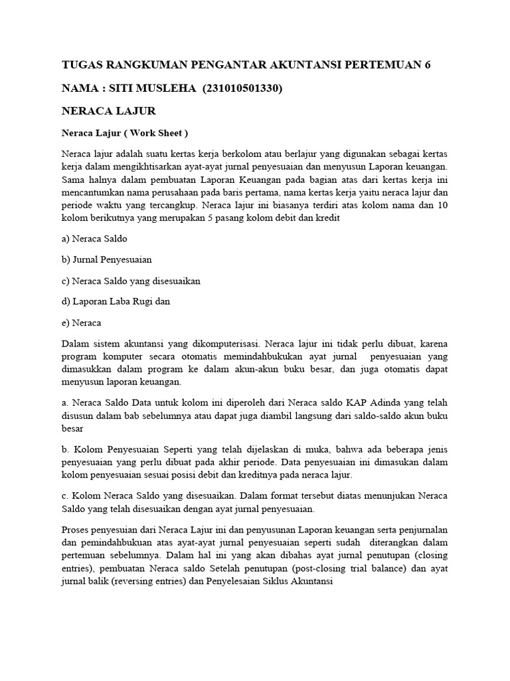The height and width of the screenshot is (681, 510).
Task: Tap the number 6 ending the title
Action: (x=436, y=65)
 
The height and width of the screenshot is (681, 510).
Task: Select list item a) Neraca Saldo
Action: (x=94, y=237)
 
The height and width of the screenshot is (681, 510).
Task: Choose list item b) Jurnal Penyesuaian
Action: (x=106, y=259)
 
